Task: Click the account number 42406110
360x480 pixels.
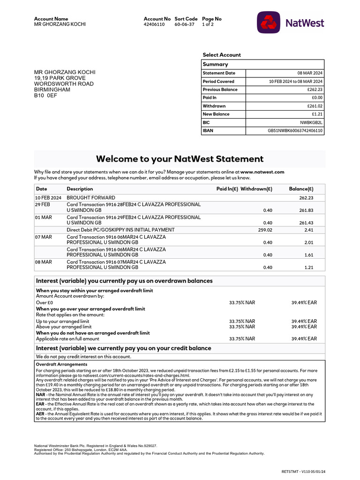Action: (x=154, y=24)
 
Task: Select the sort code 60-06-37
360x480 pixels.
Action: (x=184, y=24)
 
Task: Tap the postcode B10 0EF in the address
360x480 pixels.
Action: (x=45, y=95)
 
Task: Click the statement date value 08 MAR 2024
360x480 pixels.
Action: (x=310, y=73)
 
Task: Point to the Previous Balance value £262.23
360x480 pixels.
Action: (x=315, y=90)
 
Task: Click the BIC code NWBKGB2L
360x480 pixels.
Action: (x=312, y=122)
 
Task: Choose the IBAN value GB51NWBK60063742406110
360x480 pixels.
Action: (x=295, y=131)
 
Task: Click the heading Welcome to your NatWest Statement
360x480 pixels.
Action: (x=180, y=159)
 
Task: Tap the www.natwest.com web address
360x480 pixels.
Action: (x=262, y=172)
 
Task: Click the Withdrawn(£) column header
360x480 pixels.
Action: (x=256, y=189)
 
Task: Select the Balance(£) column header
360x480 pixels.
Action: (x=301, y=189)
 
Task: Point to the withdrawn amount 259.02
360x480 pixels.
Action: (x=265, y=230)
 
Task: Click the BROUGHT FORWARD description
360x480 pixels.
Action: (x=91, y=198)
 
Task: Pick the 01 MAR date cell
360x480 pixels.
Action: (x=43, y=217)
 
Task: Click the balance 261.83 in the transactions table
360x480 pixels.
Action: (x=306, y=210)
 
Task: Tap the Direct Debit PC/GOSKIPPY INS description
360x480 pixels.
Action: (x=120, y=230)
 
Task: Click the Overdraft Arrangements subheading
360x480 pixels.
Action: (x=61, y=364)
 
